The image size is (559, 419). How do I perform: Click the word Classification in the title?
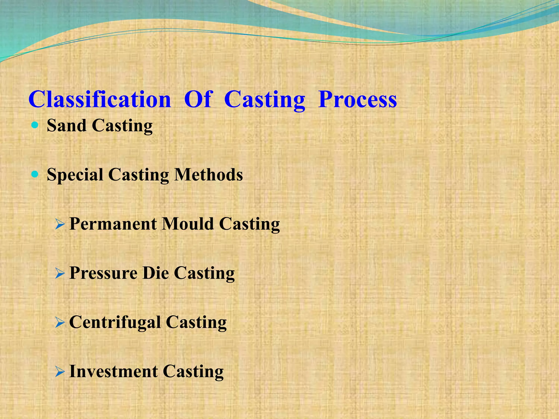[x=100, y=100]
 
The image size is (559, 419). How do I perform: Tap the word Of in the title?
[x=198, y=100]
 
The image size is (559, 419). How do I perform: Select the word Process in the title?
[x=358, y=100]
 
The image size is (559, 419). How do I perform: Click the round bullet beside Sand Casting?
[x=35, y=125]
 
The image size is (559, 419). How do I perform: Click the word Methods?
[x=209, y=175]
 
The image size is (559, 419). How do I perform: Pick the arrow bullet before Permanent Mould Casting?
[x=60, y=225]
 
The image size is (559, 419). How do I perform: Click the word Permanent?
[x=113, y=224]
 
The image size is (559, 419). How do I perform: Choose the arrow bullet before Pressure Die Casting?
[x=60, y=274]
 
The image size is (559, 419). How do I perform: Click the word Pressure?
[x=103, y=273]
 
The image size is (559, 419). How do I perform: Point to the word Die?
[x=156, y=273]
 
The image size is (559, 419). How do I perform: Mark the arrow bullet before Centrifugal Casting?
[x=60, y=323]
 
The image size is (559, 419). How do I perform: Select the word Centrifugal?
[x=115, y=323]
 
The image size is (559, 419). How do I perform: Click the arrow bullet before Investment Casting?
[x=60, y=372]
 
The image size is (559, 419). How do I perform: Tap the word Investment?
[x=114, y=372]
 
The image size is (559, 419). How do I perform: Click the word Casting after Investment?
[x=193, y=372]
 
